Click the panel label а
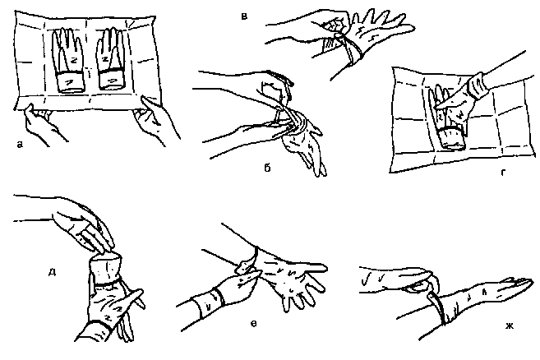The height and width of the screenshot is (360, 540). pyautogui.click(x=20, y=145)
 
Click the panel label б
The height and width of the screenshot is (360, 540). pyautogui.click(x=267, y=168)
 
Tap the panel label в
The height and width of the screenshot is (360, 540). pyautogui.click(x=244, y=16)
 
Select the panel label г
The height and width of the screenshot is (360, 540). pyautogui.click(x=503, y=173)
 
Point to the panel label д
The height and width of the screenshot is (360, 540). pyautogui.click(x=52, y=273)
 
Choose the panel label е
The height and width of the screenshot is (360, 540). pyautogui.click(x=253, y=324)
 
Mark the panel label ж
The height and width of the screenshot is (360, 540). pyautogui.click(x=510, y=325)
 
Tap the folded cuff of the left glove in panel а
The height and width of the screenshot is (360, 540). pyautogui.click(x=70, y=82)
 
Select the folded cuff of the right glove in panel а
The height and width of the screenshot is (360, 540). pyautogui.click(x=113, y=80)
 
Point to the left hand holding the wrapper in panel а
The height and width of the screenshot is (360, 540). pyautogui.click(x=40, y=125)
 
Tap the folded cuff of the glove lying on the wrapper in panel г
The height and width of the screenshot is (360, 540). pyautogui.click(x=451, y=138)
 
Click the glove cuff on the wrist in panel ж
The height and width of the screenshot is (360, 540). pyautogui.click(x=440, y=307)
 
